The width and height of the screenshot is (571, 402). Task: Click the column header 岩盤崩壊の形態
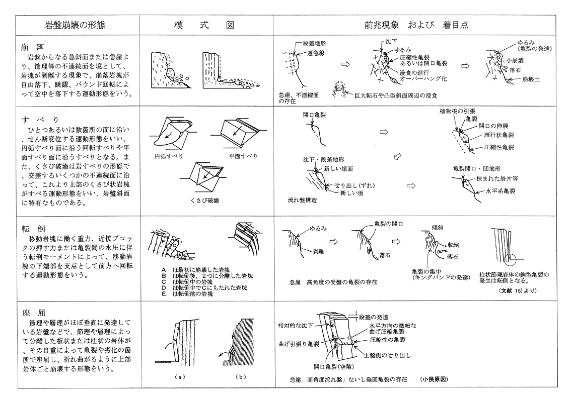pos(76,26)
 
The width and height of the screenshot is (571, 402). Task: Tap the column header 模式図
pos(205,26)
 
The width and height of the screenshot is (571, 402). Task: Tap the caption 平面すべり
pos(243,155)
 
